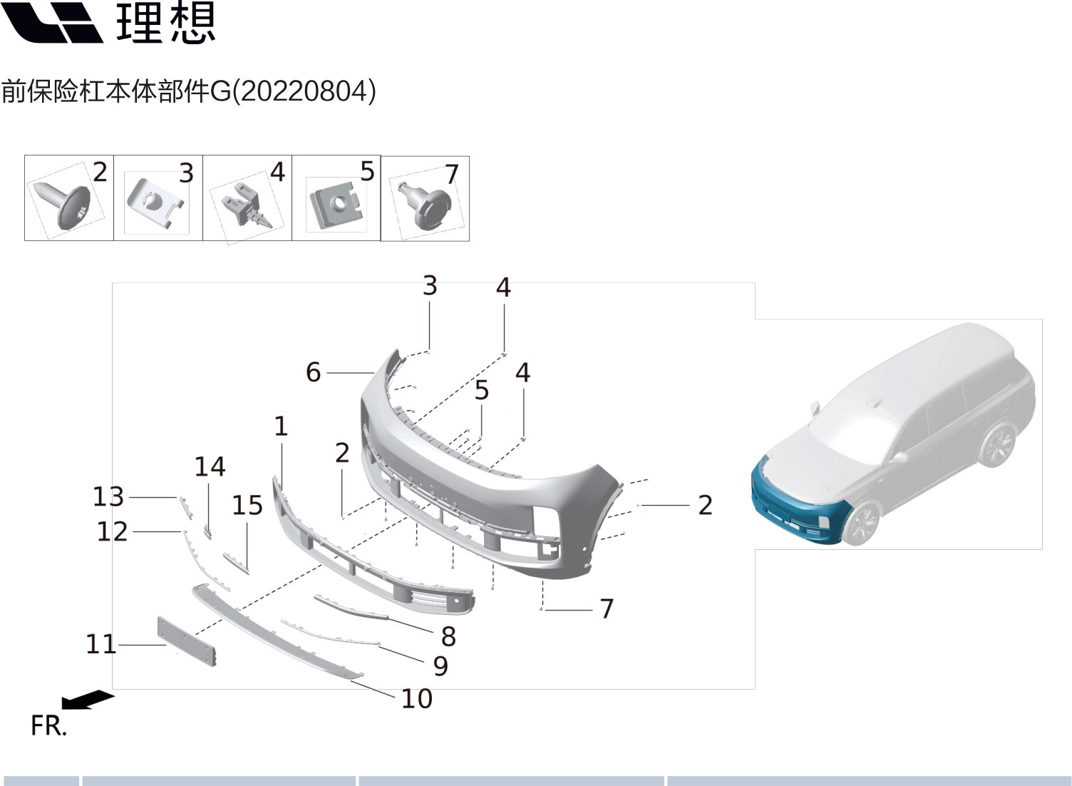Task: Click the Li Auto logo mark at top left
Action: coord(51,23)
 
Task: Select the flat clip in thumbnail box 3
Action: coord(153,203)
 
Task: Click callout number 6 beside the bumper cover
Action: coord(314,372)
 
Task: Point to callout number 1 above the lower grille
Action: coord(281,427)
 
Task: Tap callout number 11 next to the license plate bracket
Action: coord(101,645)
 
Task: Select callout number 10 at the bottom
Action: coord(417,699)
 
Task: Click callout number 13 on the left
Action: coord(108,496)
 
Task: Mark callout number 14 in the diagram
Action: coord(210,467)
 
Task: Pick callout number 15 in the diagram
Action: coord(247,506)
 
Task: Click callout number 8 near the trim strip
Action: coord(448,636)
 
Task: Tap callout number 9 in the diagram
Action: coord(441,666)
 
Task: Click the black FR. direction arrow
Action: coord(88,700)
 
